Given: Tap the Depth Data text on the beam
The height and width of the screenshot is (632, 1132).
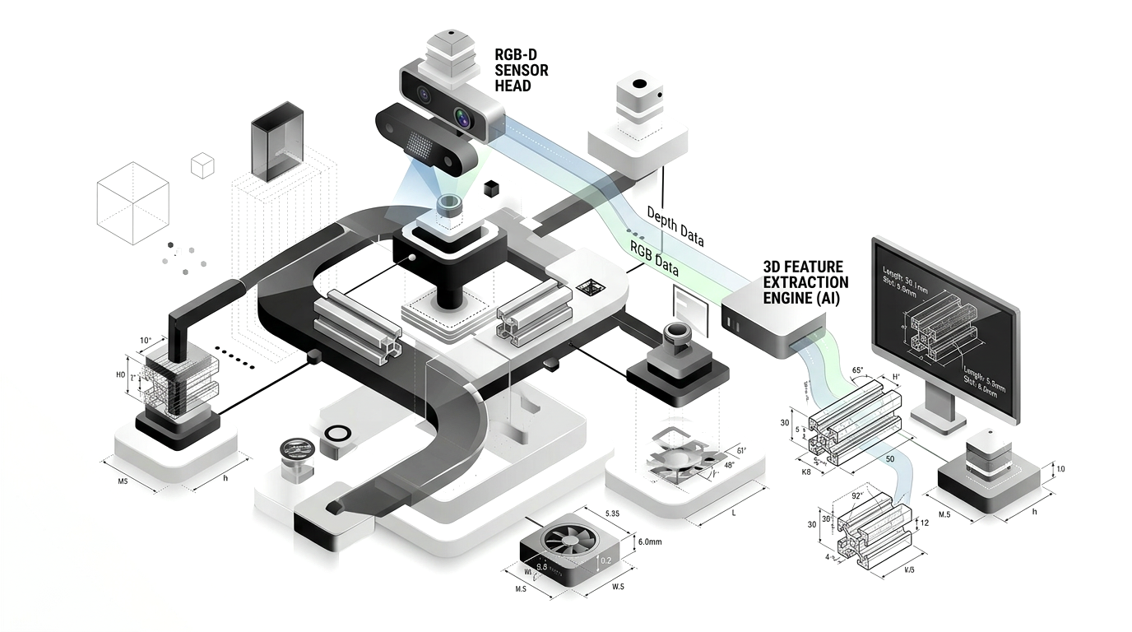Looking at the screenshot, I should (x=675, y=226).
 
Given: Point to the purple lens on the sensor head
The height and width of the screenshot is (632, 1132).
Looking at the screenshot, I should (x=463, y=119).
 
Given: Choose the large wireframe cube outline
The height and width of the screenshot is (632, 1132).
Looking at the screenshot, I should (x=132, y=202).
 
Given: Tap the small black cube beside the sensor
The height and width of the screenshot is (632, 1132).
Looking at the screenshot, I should (x=492, y=188).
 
